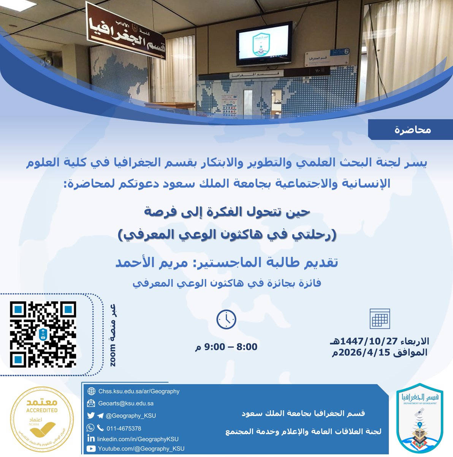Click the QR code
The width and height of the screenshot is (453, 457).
pyautogui.click(x=43, y=334)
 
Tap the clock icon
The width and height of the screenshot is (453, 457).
pyautogui.click(x=226, y=319)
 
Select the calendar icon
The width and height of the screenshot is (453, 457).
pyautogui.click(x=380, y=319)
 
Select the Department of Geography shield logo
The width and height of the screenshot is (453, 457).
pyautogui.click(x=420, y=419)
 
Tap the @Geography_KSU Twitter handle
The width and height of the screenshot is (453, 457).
pyautogui.click(x=131, y=415)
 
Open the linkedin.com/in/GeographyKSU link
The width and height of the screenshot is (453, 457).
pyautogui.click(x=138, y=439)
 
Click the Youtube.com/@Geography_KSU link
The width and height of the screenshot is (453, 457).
pyautogui.click(x=141, y=449)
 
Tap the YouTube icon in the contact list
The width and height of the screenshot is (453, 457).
pyautogui.click(x=91, y=449)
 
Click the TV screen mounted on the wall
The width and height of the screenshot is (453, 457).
pyautogui.click(x=264, y=44)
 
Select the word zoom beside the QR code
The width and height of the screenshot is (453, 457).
pyautogui.click(x=112, y=355)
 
